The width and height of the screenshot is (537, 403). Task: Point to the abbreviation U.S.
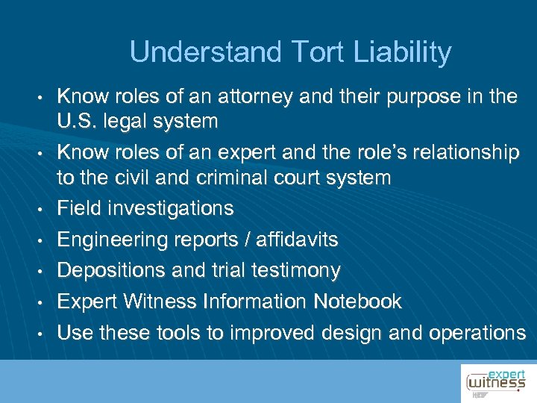(x=78, y=121)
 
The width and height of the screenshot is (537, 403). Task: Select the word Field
(x=78, y=208)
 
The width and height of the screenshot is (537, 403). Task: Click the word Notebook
(x=357, y=302)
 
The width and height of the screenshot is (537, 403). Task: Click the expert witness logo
(x=495, y=382)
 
